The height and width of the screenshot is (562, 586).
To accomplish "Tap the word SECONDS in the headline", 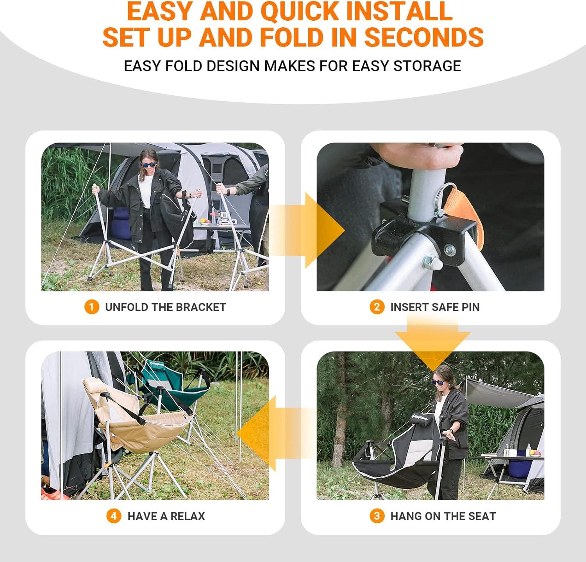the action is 424,37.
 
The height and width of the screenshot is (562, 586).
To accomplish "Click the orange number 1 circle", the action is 91,307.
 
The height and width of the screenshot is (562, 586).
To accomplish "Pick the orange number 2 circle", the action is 377,307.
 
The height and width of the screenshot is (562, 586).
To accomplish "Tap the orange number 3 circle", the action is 377,516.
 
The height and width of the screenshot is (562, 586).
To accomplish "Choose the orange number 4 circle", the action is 114,516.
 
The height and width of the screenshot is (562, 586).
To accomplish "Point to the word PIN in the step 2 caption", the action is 470,307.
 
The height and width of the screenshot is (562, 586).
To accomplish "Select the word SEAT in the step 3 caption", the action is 482,516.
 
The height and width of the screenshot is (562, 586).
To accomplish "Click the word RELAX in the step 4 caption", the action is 188,516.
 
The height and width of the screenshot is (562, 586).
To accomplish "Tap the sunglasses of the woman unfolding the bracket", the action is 149,164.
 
